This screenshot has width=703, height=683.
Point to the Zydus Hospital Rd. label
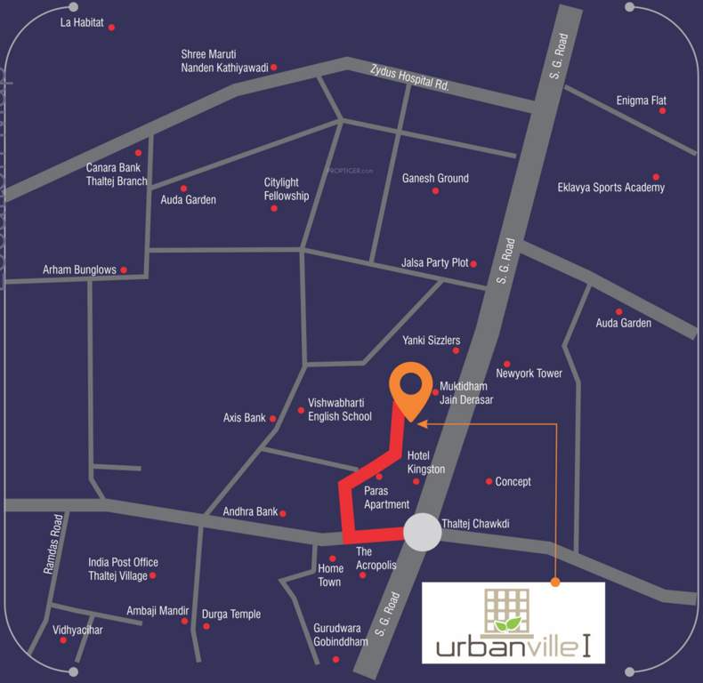409,81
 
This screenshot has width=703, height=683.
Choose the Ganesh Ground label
435,178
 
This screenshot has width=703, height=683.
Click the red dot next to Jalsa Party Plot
473,263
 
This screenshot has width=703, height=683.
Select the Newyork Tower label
529,374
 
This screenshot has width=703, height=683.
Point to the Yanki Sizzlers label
431,341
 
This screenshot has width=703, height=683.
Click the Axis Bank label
245,417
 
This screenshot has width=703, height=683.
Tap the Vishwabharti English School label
340,409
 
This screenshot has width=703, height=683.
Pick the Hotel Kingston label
425,462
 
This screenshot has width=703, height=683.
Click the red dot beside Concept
489,481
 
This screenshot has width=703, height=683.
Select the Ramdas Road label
52,543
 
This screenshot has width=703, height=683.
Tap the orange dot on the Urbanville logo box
555,583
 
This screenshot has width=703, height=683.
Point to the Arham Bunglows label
80,269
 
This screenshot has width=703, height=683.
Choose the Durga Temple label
231,615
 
